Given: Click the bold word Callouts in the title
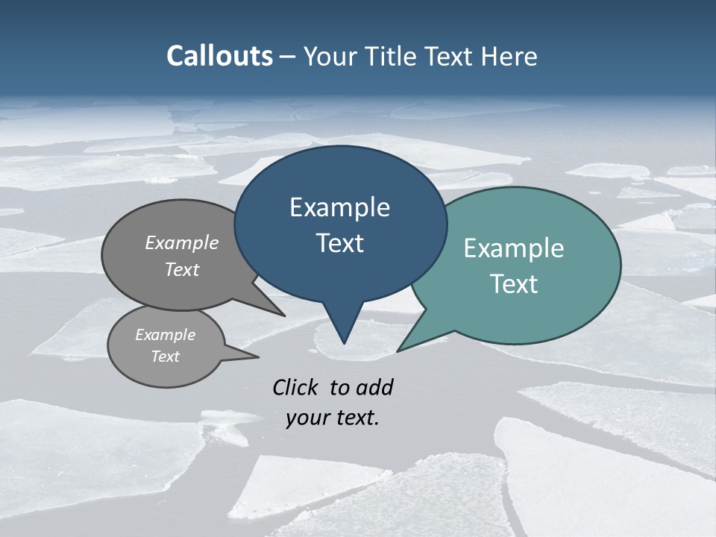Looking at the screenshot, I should click(x=219, y=56).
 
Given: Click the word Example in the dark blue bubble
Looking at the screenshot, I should click(x=339, y=207).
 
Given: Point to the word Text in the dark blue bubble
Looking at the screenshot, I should click(x=339, y=243).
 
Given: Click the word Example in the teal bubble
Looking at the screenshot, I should click(x=514, y=248).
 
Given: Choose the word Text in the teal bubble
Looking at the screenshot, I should click(x=514, y=284).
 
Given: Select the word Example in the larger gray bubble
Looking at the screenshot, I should click(x=182, y=242).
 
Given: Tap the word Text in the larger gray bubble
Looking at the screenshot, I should click(x=182, y=269).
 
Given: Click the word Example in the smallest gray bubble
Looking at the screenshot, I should click(x=165, y=335).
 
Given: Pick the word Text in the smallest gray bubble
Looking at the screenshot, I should click(x=165, y=357).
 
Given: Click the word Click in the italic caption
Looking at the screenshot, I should click(x=297, y=387).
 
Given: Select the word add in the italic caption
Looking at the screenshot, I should click(x=374, y=387).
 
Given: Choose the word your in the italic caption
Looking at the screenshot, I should click(x=307, y=418).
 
